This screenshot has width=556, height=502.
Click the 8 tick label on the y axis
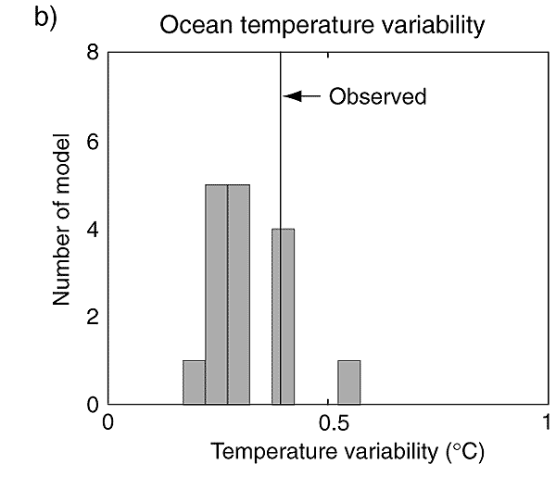pyautogui.click(x=93, y=54)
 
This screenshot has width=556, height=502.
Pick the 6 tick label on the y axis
pyautogui.click(x=93, y=142)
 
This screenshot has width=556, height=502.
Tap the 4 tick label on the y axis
pyautogui.click(x=93, y=230)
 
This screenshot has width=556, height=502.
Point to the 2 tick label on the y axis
pyautogui.click(x=93, y=318)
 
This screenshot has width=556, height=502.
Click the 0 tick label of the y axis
pyautogui.click(x=93, y=405)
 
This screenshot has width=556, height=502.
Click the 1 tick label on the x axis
pyautogui.click(x=548, y=427)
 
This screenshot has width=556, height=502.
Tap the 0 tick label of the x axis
pyautogui.click(x=108, y=427)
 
